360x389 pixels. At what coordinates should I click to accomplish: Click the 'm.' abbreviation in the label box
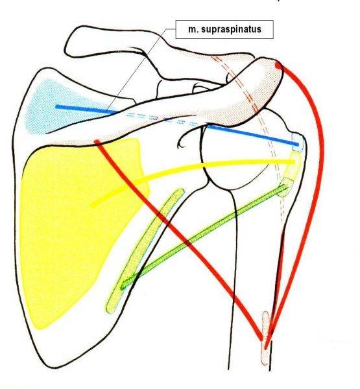click(193, 30)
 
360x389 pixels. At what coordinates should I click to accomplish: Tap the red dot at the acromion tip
click(278, 65)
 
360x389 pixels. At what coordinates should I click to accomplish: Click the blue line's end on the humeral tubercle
click(297, 144)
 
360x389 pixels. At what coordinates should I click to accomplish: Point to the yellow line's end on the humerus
click(294, 162)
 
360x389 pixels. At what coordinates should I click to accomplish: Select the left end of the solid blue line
click(57, 107)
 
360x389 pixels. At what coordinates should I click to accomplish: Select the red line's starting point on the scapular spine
click(97, 141)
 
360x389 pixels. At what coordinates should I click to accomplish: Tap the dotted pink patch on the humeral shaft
click(265, 338)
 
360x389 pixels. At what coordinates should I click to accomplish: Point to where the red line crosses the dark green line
click(187, 242)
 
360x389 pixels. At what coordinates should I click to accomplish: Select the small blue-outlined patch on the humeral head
click(298, 142)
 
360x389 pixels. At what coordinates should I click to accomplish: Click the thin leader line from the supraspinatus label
click(140, 71)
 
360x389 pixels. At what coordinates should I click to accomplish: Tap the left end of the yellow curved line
click(92, 205)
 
